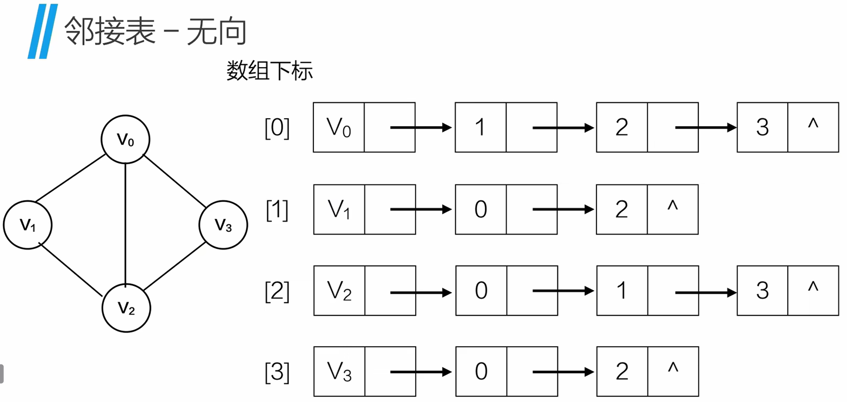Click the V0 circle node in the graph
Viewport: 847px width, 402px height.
tap(125, 140)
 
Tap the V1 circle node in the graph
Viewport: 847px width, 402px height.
tap(27, 225)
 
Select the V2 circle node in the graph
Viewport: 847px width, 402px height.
tap(126, 308)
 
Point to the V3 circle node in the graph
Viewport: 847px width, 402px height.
tap(223, 225)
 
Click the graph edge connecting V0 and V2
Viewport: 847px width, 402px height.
tap(125, 222)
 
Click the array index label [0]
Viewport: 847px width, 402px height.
tap(277, 128)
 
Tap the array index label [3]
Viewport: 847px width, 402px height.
tap(277, 372)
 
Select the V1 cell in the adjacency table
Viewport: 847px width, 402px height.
tap(339, 210)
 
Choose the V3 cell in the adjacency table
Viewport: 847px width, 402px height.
tap(339, 372)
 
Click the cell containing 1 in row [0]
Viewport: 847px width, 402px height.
tap(480, 127)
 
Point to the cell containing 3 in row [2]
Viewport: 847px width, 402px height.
tap(762, 291)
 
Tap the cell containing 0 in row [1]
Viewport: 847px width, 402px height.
tap(481, 210)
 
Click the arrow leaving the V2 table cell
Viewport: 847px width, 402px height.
tap(420, 293)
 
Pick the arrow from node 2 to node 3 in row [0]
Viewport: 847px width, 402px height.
tap(705, 127)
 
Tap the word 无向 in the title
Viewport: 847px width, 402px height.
tap(216, 32)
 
